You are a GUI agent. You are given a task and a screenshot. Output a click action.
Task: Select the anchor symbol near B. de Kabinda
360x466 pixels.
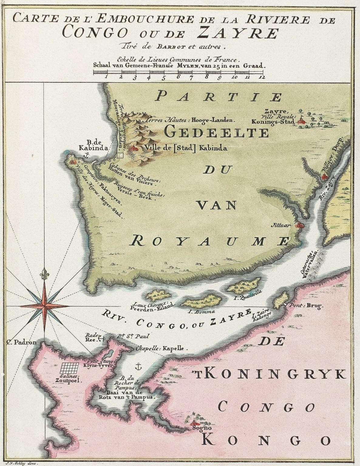(x=86, y=156)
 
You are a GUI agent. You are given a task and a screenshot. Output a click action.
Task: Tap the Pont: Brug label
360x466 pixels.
(x=306, y=306)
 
